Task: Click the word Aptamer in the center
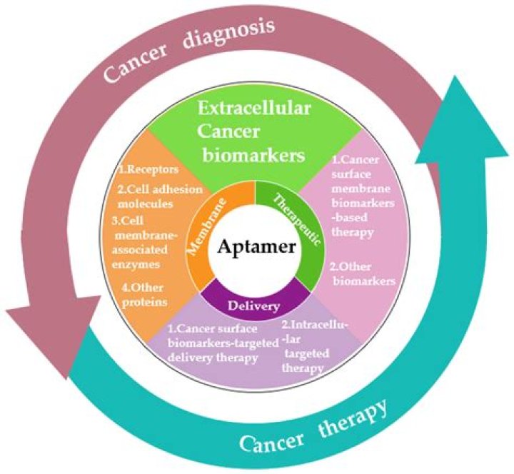point(256,248)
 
